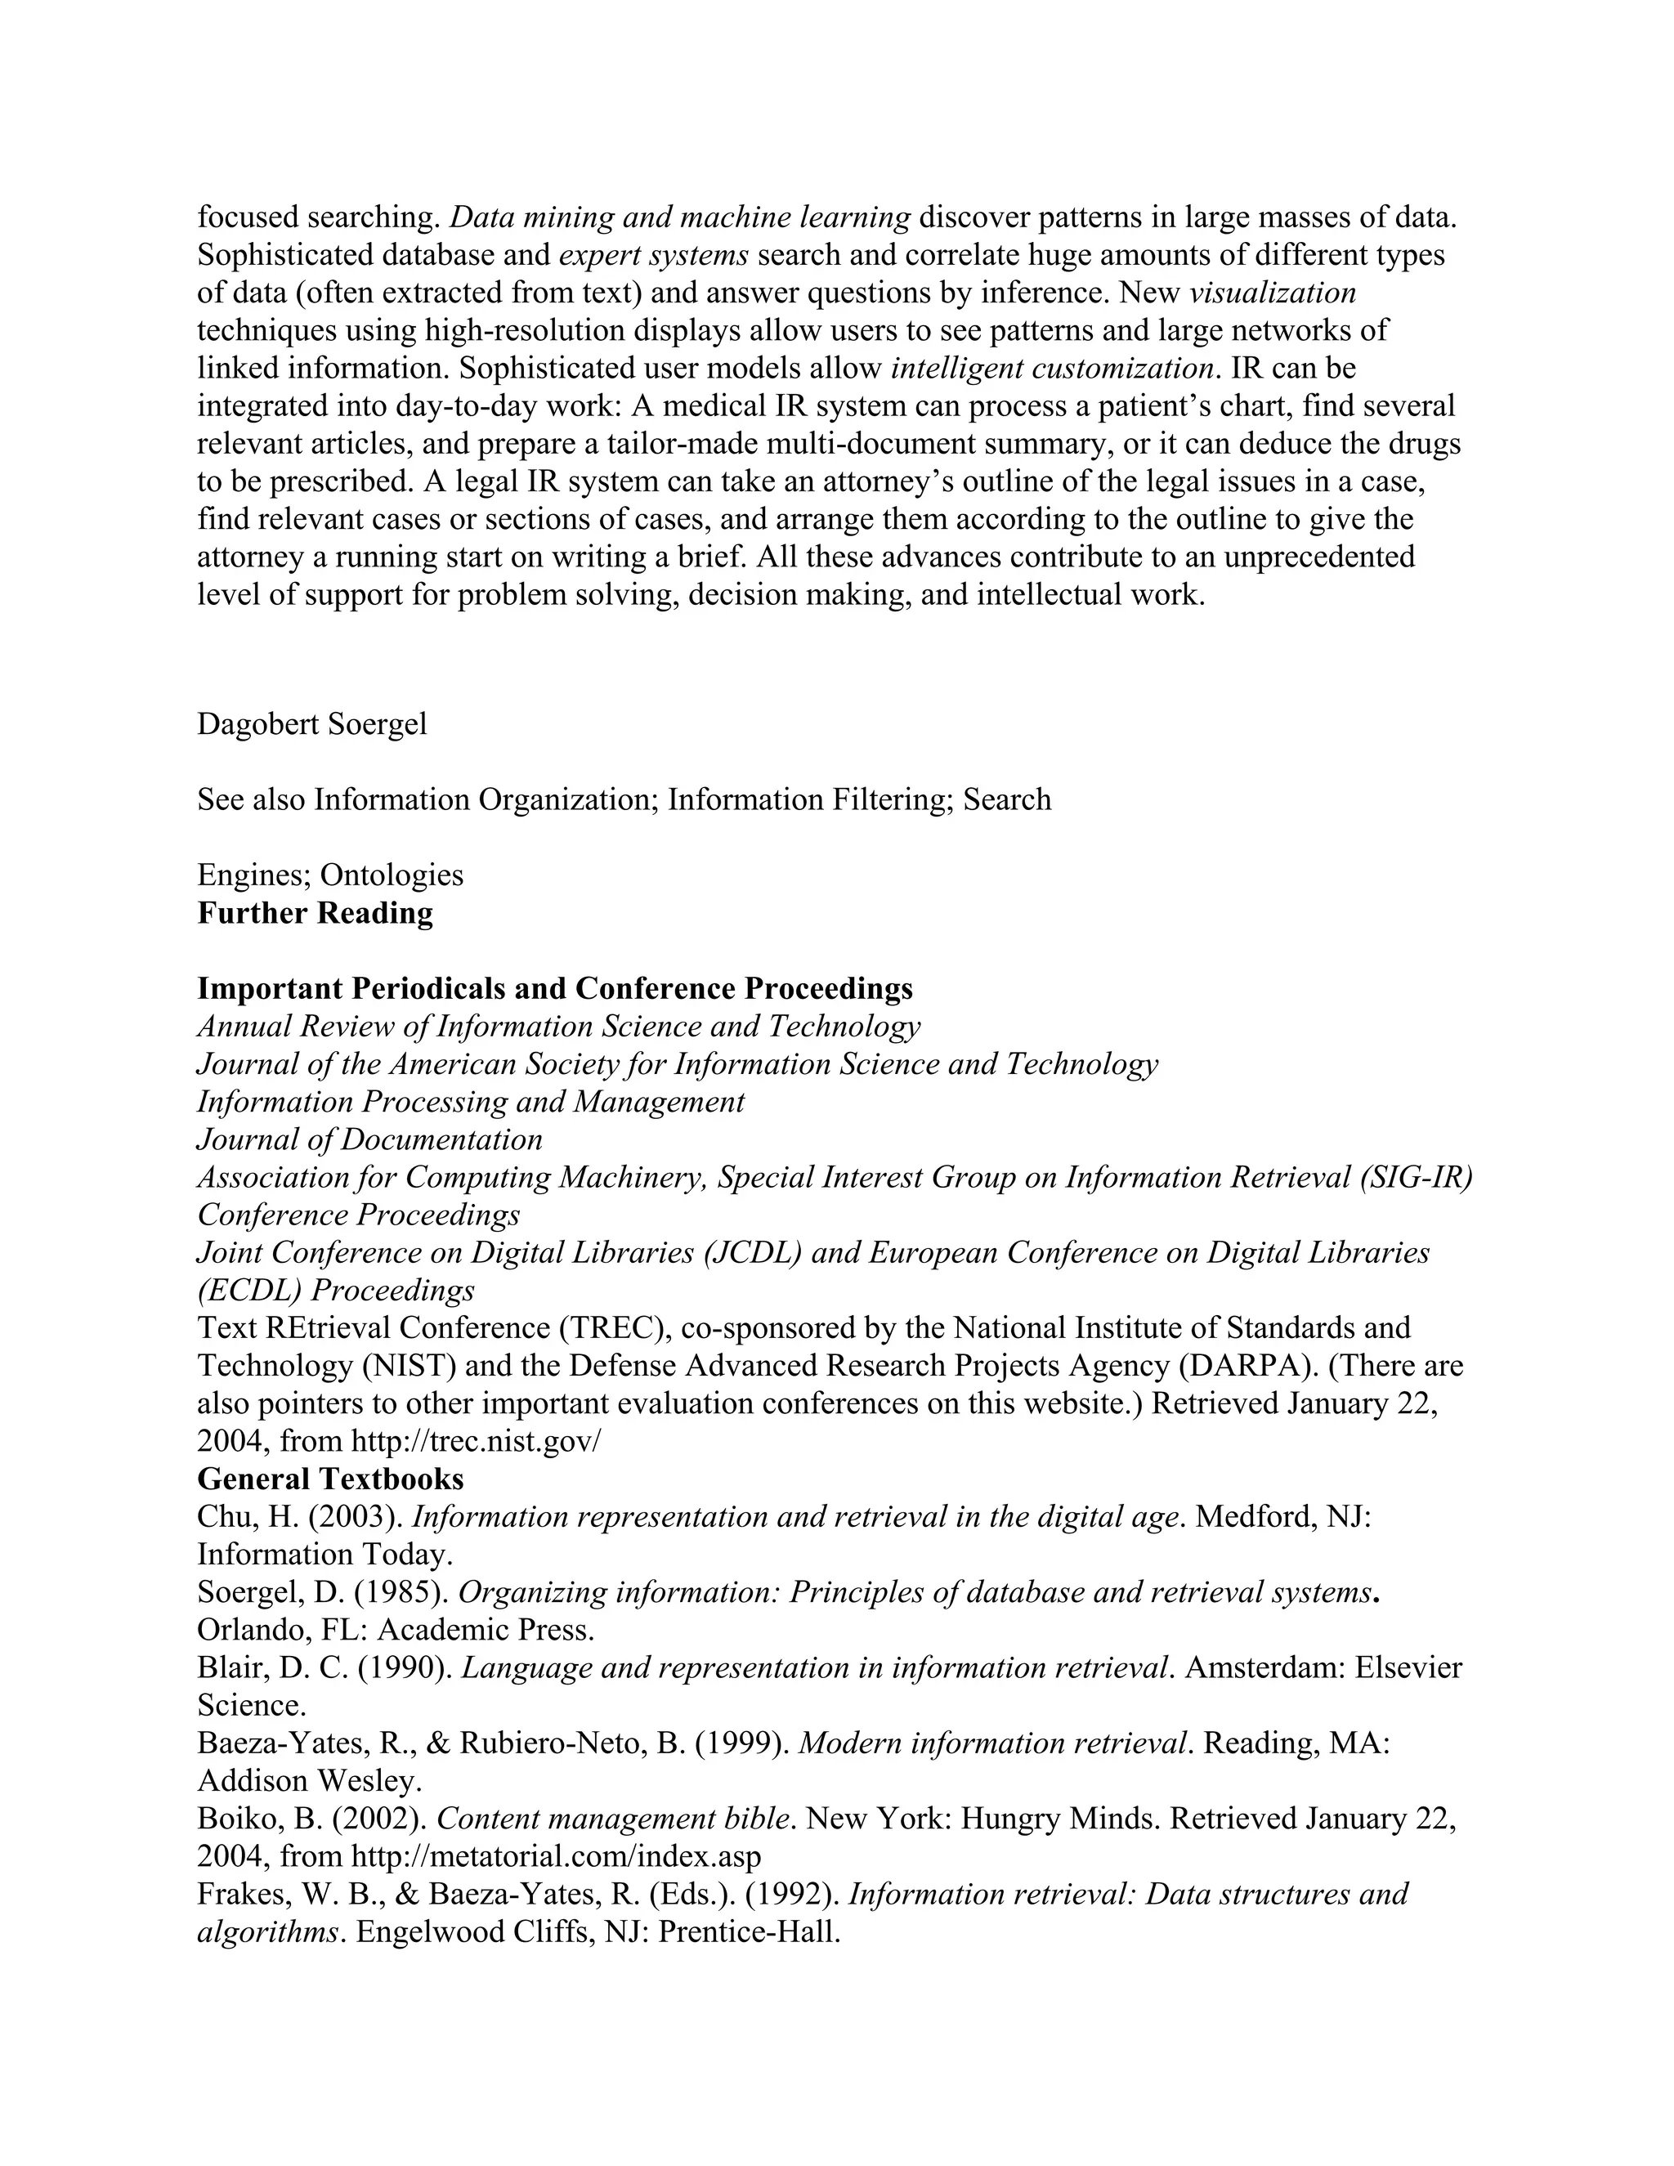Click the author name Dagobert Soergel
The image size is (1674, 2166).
click(312, 724)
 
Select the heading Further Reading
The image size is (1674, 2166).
click(315, 912)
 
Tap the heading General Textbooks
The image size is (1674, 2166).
click(330, 1479)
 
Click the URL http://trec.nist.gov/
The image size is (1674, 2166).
click(476, 1441)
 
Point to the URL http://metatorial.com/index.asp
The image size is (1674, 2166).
click(557, 1855)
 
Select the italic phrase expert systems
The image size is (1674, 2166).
click(654, 256)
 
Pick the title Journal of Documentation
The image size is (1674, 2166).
click(370, 1139)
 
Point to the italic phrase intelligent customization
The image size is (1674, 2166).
click(1053, 369)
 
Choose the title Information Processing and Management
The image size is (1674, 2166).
click(470, 1102)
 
